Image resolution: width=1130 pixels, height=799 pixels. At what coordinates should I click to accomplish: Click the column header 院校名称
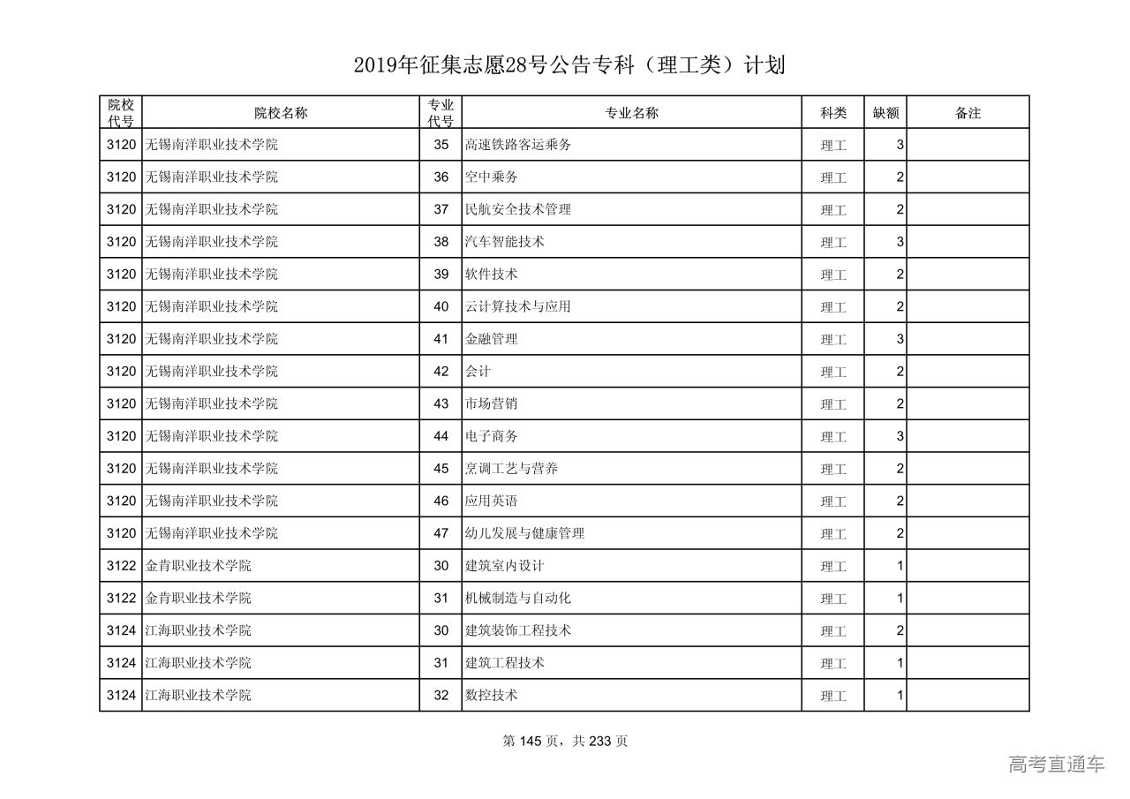[281, 113]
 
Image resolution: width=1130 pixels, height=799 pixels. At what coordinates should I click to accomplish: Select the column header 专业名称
[631, 113]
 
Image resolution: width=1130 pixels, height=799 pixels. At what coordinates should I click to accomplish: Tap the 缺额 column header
[885, 113]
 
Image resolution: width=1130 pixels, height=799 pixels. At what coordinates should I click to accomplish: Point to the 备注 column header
[968, 113]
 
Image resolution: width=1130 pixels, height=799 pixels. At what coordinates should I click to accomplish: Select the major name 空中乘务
[492, 177]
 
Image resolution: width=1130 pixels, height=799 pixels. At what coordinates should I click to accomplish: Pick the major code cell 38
[441, 242]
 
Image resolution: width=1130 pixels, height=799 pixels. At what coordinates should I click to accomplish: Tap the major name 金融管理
[492, 339]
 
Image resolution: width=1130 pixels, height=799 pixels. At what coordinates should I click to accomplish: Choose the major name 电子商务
[492, 436]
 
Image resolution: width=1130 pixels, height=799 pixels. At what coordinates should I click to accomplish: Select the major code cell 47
[441, 533]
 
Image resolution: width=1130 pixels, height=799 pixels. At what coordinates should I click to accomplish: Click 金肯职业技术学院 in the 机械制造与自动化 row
[199, 599]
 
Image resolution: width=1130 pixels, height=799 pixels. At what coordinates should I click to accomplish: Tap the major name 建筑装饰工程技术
[518, 630]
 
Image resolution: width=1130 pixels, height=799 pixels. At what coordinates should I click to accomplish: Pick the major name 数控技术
[492, 696]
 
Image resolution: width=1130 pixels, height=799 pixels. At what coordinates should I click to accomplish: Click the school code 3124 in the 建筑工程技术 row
[121, 663]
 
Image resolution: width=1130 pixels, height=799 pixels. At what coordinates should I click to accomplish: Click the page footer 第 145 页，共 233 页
[565, 742]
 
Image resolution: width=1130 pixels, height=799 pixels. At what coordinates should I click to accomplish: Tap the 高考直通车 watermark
[1056, 764]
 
